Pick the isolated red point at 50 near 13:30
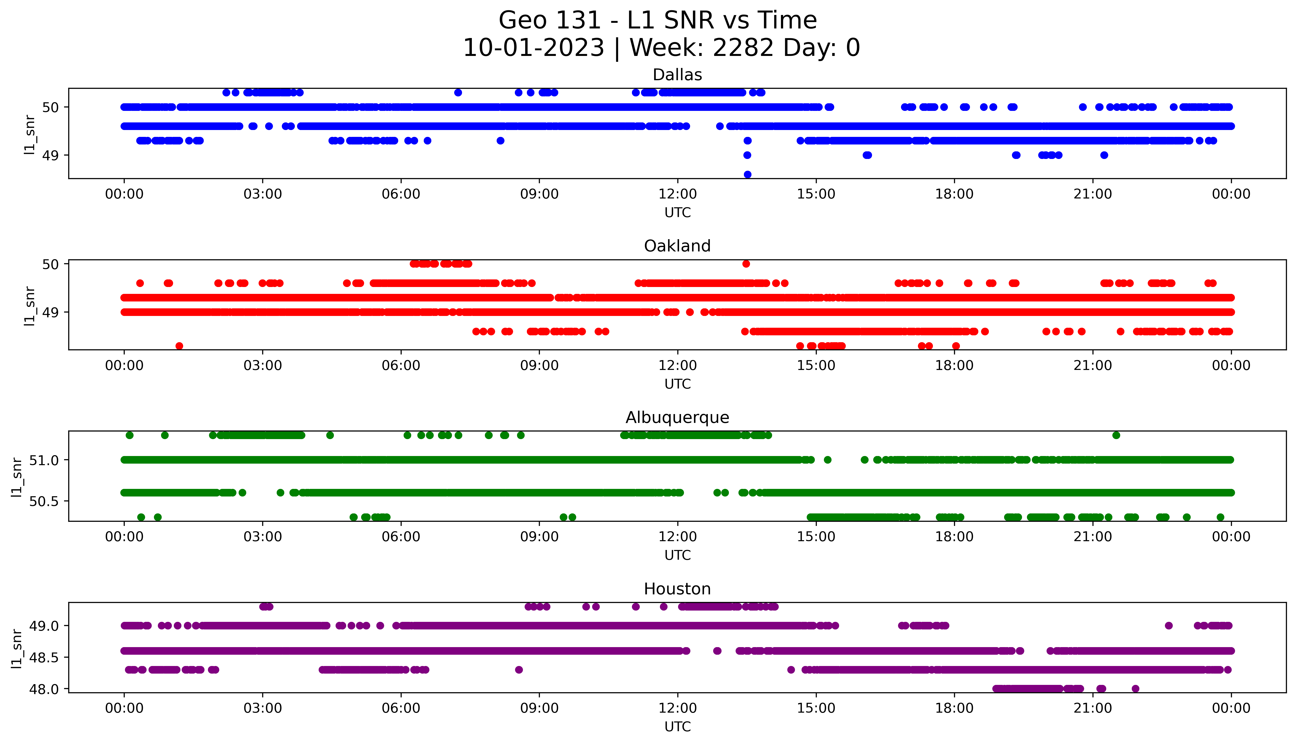click(x=746, y=264)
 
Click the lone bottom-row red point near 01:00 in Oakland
click(x=179, y=346)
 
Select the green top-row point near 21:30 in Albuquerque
click(x=1116, y=435)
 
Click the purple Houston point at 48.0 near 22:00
click(x=1135, y=689)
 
